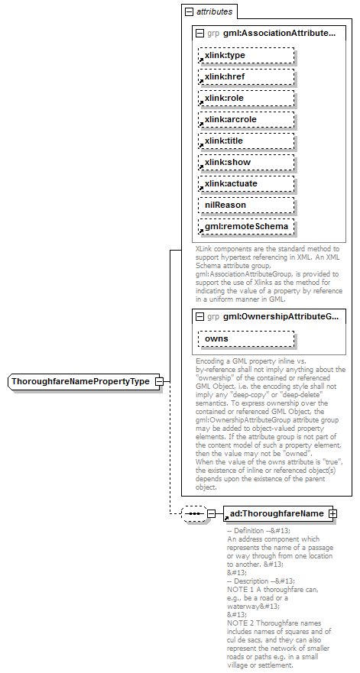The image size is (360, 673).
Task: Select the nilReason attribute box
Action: tap(246, 205)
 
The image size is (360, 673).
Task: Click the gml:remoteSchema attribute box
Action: tap(246, 227)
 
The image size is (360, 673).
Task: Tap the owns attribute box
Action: tap(246, 338)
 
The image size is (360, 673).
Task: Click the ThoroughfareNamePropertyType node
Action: tap(81, 381)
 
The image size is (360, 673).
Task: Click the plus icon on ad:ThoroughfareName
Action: tap(332, 513)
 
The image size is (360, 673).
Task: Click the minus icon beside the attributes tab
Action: tap(188, 12)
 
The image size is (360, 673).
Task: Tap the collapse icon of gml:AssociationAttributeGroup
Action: tap(200, 34)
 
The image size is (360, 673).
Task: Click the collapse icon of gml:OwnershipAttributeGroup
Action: tap(200, 315)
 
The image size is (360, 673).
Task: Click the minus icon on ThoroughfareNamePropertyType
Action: tap(158, 381)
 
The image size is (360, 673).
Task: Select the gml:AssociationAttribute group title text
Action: tap(280, 34)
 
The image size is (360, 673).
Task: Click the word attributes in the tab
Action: tap(215, 12)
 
